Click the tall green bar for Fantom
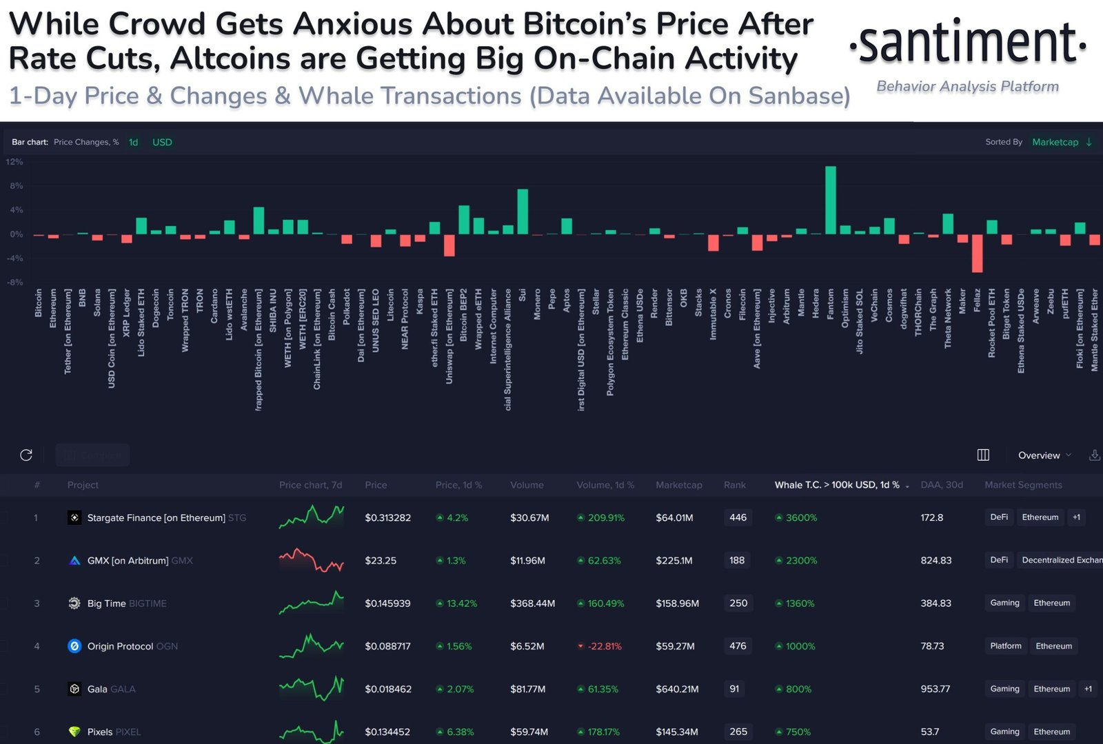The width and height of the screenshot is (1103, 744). pos(831,200)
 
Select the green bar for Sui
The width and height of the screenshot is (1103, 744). pos(523,211)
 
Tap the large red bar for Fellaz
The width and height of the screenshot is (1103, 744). pos(977,253)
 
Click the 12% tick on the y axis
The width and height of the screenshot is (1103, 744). pos(14,162)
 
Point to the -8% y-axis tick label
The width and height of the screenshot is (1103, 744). pos(14,282)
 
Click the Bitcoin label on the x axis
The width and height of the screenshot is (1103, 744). pos(39,303)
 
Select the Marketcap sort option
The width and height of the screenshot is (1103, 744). pos(1055,142)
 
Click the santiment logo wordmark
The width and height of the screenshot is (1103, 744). pos(968,43)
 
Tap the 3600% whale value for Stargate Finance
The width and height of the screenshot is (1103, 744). pos(800,517)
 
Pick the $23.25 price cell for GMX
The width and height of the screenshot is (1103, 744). pos(381,561)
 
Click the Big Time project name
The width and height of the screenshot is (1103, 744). pos(106,603)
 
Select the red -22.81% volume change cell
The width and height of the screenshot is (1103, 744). pos(604,646)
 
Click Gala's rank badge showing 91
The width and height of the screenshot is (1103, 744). pos(735,689)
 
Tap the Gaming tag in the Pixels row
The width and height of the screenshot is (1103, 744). pos(1004,732)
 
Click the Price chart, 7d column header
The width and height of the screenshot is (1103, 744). pos(310,485)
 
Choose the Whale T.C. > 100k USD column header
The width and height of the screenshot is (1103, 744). pos(837,485)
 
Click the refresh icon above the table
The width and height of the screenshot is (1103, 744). pos(26,455)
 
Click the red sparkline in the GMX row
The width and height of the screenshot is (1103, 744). pos(311,561)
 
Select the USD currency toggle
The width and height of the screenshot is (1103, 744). pos(162,142)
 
